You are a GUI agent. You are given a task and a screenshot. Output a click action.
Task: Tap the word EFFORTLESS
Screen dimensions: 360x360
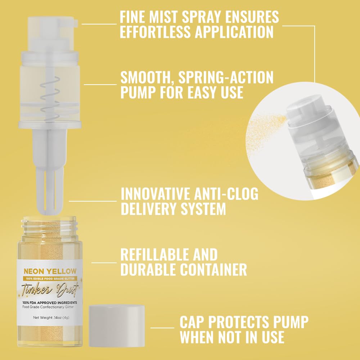pos(155,32)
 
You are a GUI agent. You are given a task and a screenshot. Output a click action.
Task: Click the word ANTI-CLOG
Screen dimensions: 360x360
pos(226,194)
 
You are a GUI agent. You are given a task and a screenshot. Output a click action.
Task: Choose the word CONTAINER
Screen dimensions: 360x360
pos(213,269)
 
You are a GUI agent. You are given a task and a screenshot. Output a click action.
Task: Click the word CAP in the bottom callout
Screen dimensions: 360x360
pos(192,322)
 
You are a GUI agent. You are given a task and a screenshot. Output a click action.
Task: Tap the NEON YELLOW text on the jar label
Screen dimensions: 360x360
pos(50,271)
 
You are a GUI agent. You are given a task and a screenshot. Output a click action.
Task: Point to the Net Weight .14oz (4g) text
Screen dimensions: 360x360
pos(51,318)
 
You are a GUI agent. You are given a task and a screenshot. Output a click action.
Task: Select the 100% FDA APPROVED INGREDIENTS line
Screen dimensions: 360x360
pos(50,303)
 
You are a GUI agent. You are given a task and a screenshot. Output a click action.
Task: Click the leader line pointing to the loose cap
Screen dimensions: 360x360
pos(162,328)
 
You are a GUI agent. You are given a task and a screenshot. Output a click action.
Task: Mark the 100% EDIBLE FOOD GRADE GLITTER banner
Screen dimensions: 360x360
pos(50,279)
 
